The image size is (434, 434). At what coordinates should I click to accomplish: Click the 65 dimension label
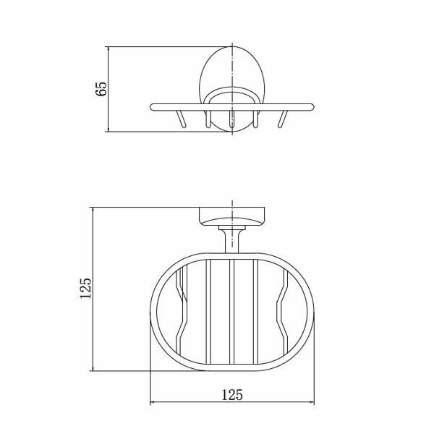click(101, 89)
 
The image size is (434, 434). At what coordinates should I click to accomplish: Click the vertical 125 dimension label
click(85, 289)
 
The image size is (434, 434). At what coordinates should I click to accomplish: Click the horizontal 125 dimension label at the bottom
click(232, 395)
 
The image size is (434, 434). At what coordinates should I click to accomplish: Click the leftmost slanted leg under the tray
click(180, 119)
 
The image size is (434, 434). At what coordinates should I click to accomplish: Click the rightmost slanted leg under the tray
click(283, 119)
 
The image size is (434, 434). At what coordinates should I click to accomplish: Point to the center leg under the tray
click(231, 119)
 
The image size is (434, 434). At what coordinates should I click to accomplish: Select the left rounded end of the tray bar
click(153, 107)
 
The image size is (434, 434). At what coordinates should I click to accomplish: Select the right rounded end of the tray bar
click(312, 107)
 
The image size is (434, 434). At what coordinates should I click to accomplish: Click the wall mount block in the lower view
click(232, 216)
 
